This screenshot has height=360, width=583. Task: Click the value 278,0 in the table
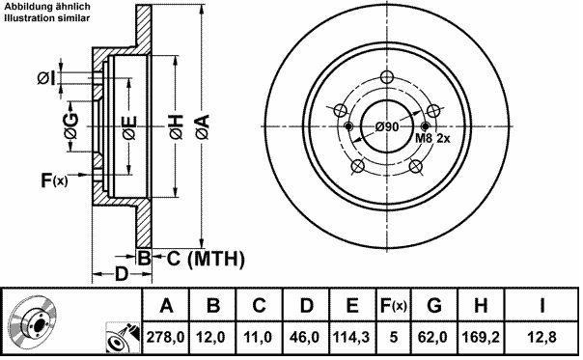point(165,337)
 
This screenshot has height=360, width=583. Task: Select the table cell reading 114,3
point(351,337)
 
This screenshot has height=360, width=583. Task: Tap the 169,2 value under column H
point(481,337)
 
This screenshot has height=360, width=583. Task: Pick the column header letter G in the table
point(434,305)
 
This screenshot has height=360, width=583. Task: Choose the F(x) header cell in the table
point(394,305)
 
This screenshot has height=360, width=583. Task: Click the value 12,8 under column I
point(541,337)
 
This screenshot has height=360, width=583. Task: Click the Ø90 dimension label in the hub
point(387,126)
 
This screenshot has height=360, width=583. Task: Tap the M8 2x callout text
point(432,138)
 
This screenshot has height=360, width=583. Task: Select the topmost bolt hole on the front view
point(387,77)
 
